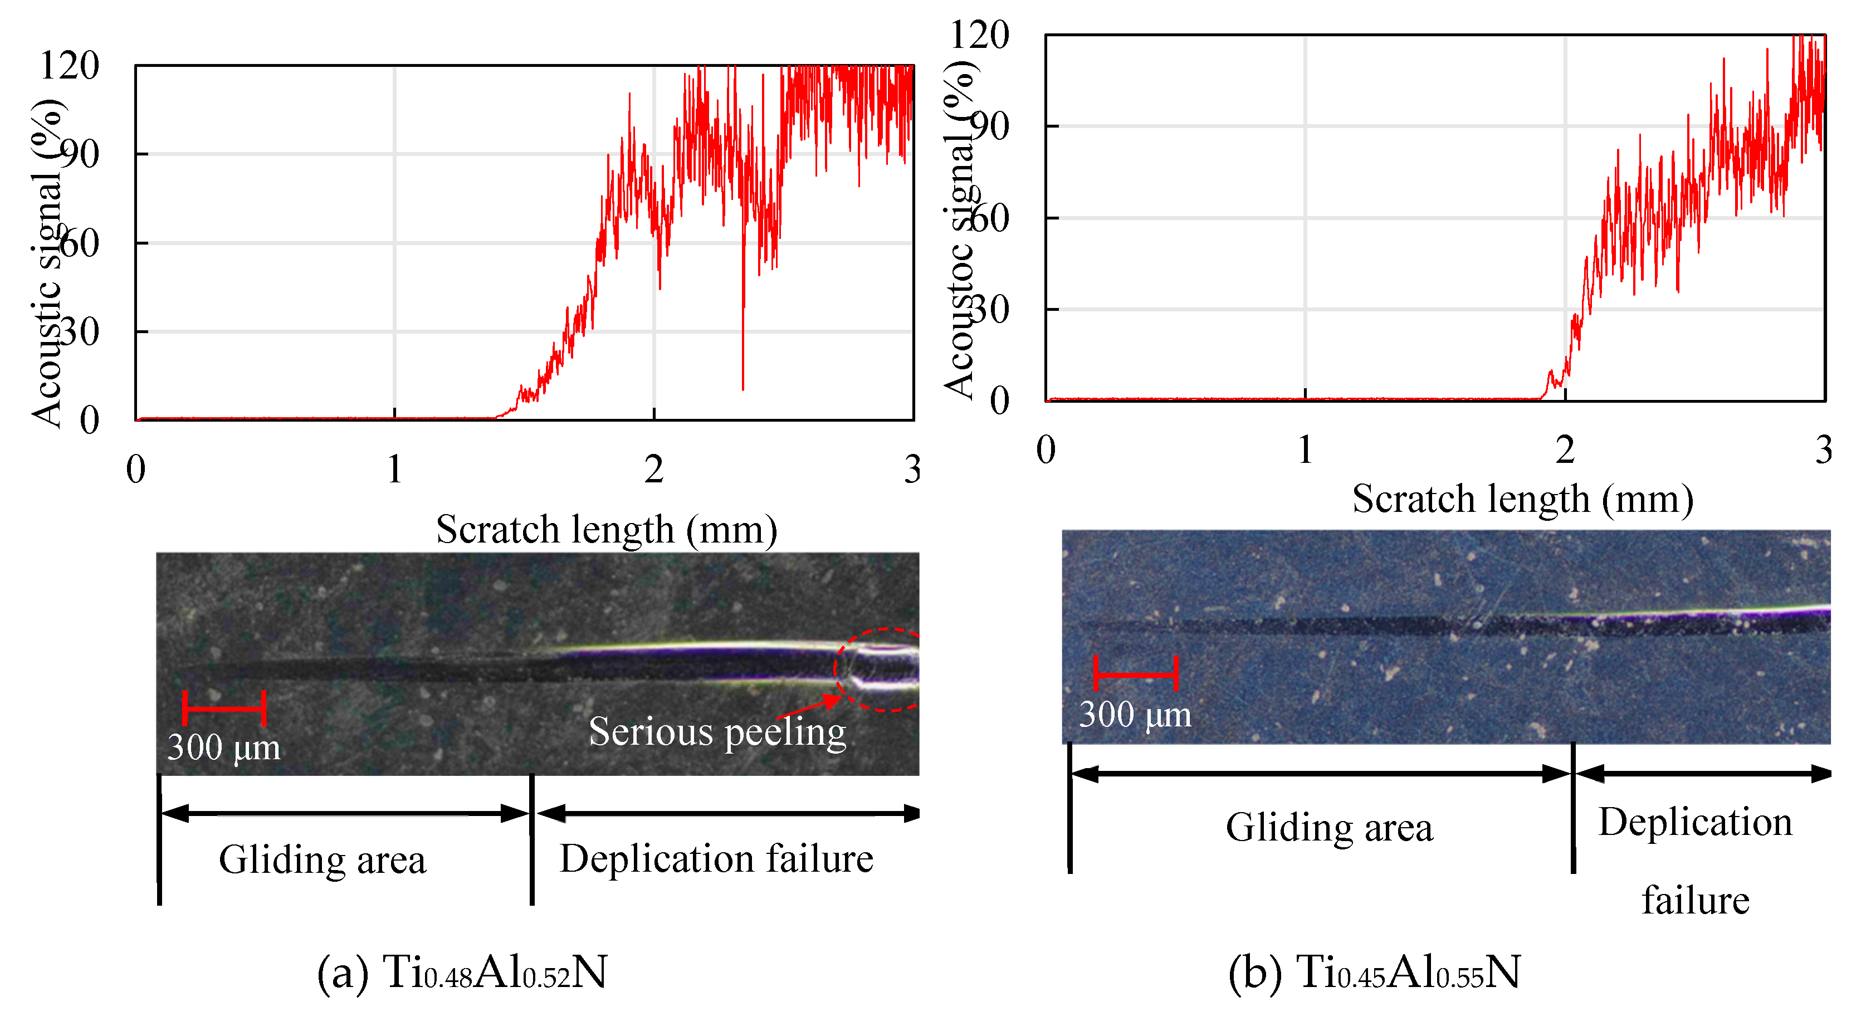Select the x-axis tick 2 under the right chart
(1565, 450)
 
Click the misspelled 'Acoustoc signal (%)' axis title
(959, 228)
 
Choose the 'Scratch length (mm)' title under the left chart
(606, 529)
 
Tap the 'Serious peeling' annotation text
(717, 731)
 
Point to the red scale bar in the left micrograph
(224, 707)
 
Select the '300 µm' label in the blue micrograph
(1135, 715)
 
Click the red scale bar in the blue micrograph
(1135, 673)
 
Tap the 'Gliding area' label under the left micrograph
(323, 859)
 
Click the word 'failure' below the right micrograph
(1695, 900)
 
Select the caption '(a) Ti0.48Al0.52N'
(462, 972)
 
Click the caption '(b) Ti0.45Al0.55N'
(1374, 972)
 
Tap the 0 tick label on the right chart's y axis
(1000, 400)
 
